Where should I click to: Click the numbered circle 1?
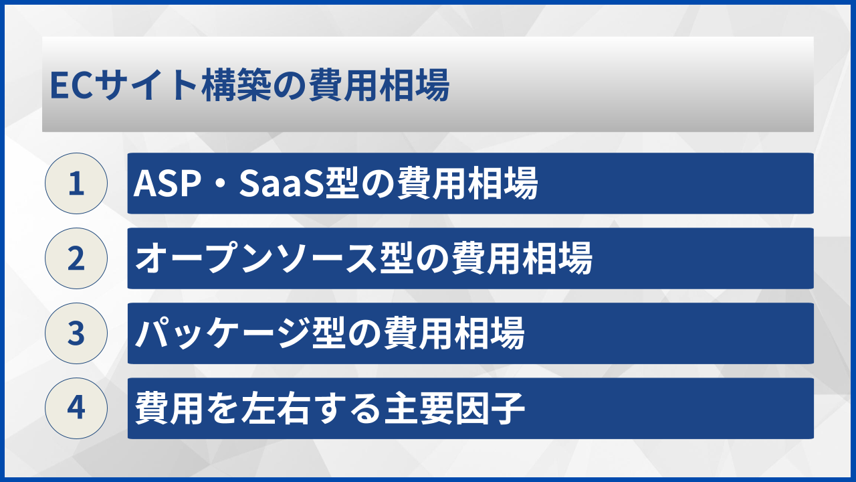76,183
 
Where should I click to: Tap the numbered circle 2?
76,258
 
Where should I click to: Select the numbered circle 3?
76,333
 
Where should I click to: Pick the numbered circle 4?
76,408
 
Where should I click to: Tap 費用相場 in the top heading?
379,87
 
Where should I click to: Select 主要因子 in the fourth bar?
454,408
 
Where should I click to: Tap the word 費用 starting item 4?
167,408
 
